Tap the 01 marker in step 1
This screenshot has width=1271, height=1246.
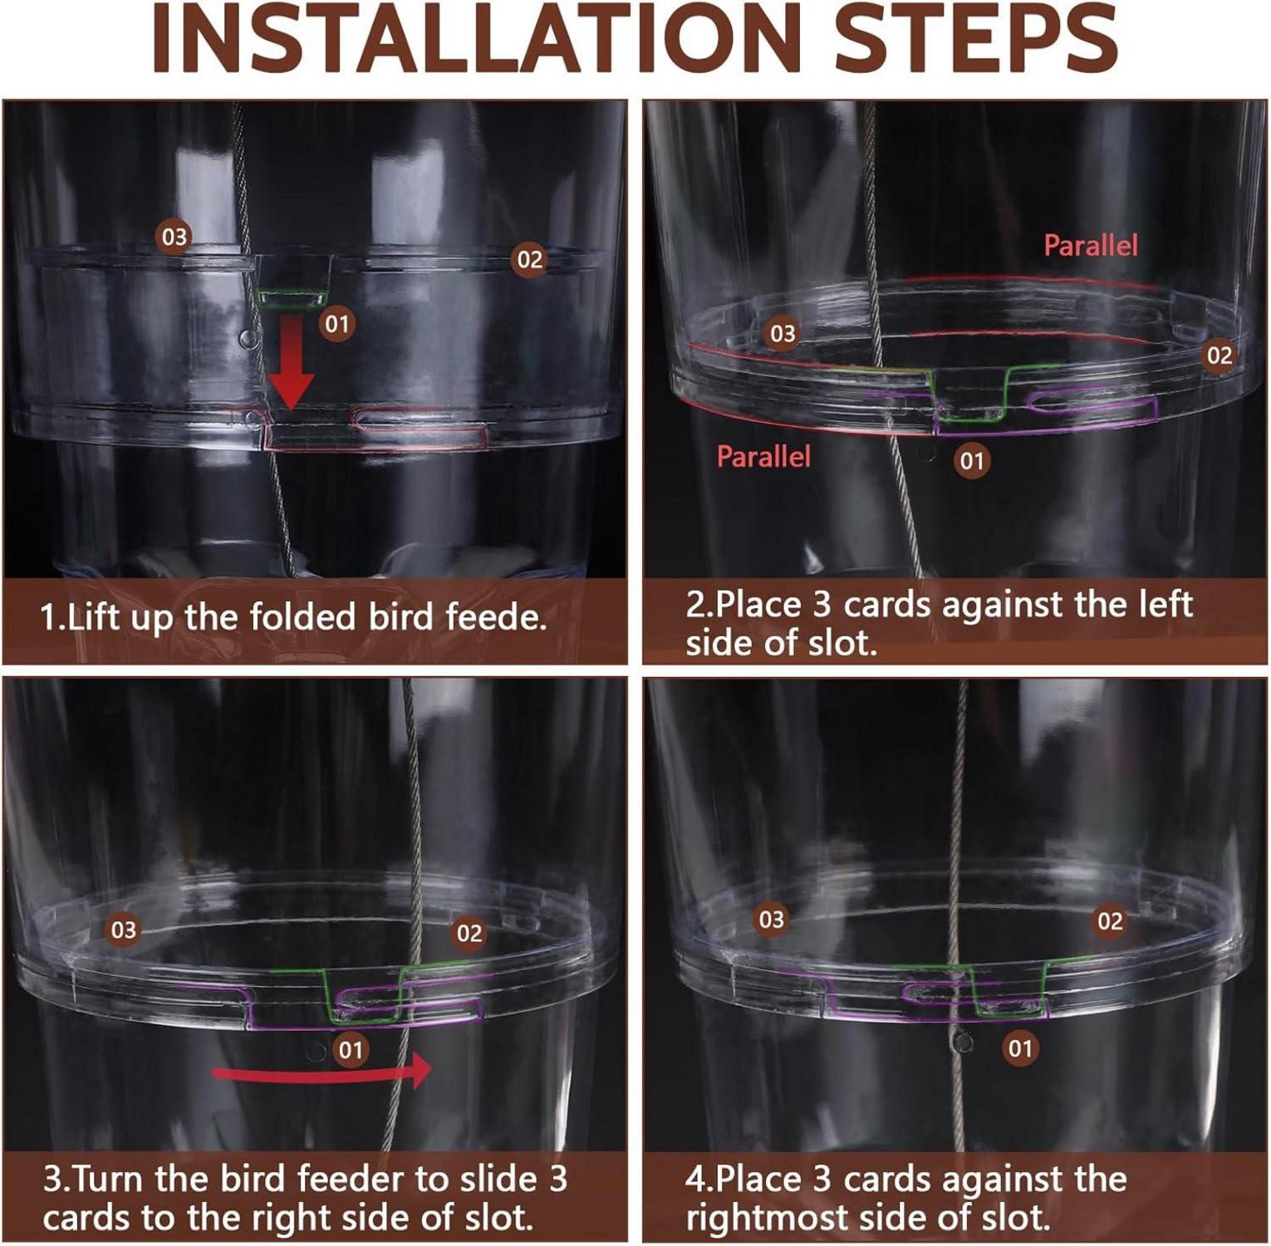point(336,323)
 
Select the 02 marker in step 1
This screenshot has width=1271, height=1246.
point(529,260)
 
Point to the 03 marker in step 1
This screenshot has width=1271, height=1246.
point(174,237)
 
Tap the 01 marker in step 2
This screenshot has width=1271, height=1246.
point(971,460)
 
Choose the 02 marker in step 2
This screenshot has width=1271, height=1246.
point(1219,356)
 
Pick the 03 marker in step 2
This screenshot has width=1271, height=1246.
point(783,333)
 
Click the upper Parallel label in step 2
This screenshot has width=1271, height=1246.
point(1090,245)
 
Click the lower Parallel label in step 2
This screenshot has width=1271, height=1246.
point(763,456)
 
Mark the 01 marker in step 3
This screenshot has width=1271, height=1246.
point(351,1050)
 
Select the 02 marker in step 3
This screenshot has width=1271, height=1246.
point(469,934)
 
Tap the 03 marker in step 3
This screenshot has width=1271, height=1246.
point(124,930)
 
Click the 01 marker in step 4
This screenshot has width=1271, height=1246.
point(1020,1048)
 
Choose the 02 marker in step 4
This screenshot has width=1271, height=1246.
point(1110,920)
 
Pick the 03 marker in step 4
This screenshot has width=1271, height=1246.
point(771,920)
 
